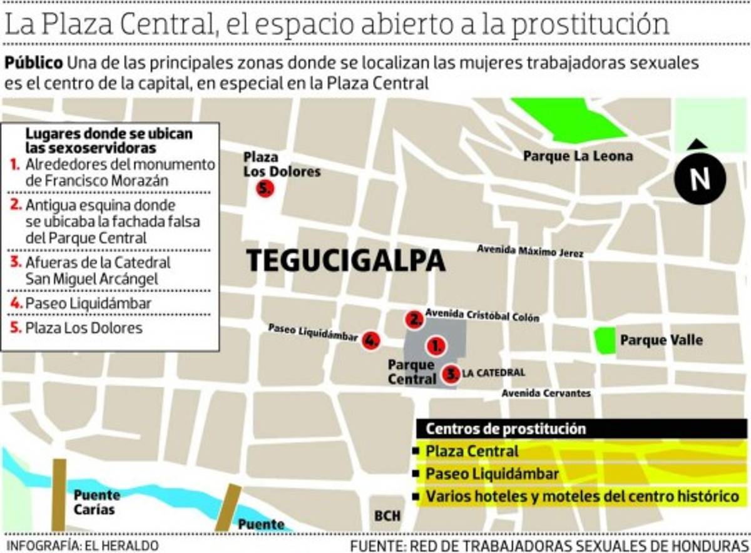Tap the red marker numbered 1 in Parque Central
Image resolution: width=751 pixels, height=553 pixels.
point(436,345)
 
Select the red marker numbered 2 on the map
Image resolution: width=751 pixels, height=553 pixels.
point(414,320)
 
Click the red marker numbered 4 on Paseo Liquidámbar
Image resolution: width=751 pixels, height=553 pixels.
point(370,340)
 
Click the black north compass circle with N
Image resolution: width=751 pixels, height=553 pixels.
point(700,180)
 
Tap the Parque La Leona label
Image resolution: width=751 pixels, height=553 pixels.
point(578,156)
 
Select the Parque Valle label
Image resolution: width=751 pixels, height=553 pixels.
point(661,340)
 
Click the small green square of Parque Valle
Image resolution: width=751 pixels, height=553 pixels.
point(605,340)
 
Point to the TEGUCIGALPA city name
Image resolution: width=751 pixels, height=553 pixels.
point(345,261)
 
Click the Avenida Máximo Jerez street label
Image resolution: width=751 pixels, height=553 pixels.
point(530,251)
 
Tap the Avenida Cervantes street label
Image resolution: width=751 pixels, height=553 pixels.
point(546,393)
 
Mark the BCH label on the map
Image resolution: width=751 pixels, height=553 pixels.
point(387,516)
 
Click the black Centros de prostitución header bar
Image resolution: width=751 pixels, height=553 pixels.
point(581,429)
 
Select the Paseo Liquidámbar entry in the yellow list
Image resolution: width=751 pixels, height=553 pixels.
point(492,474)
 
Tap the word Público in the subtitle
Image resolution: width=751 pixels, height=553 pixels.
point(34,63)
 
